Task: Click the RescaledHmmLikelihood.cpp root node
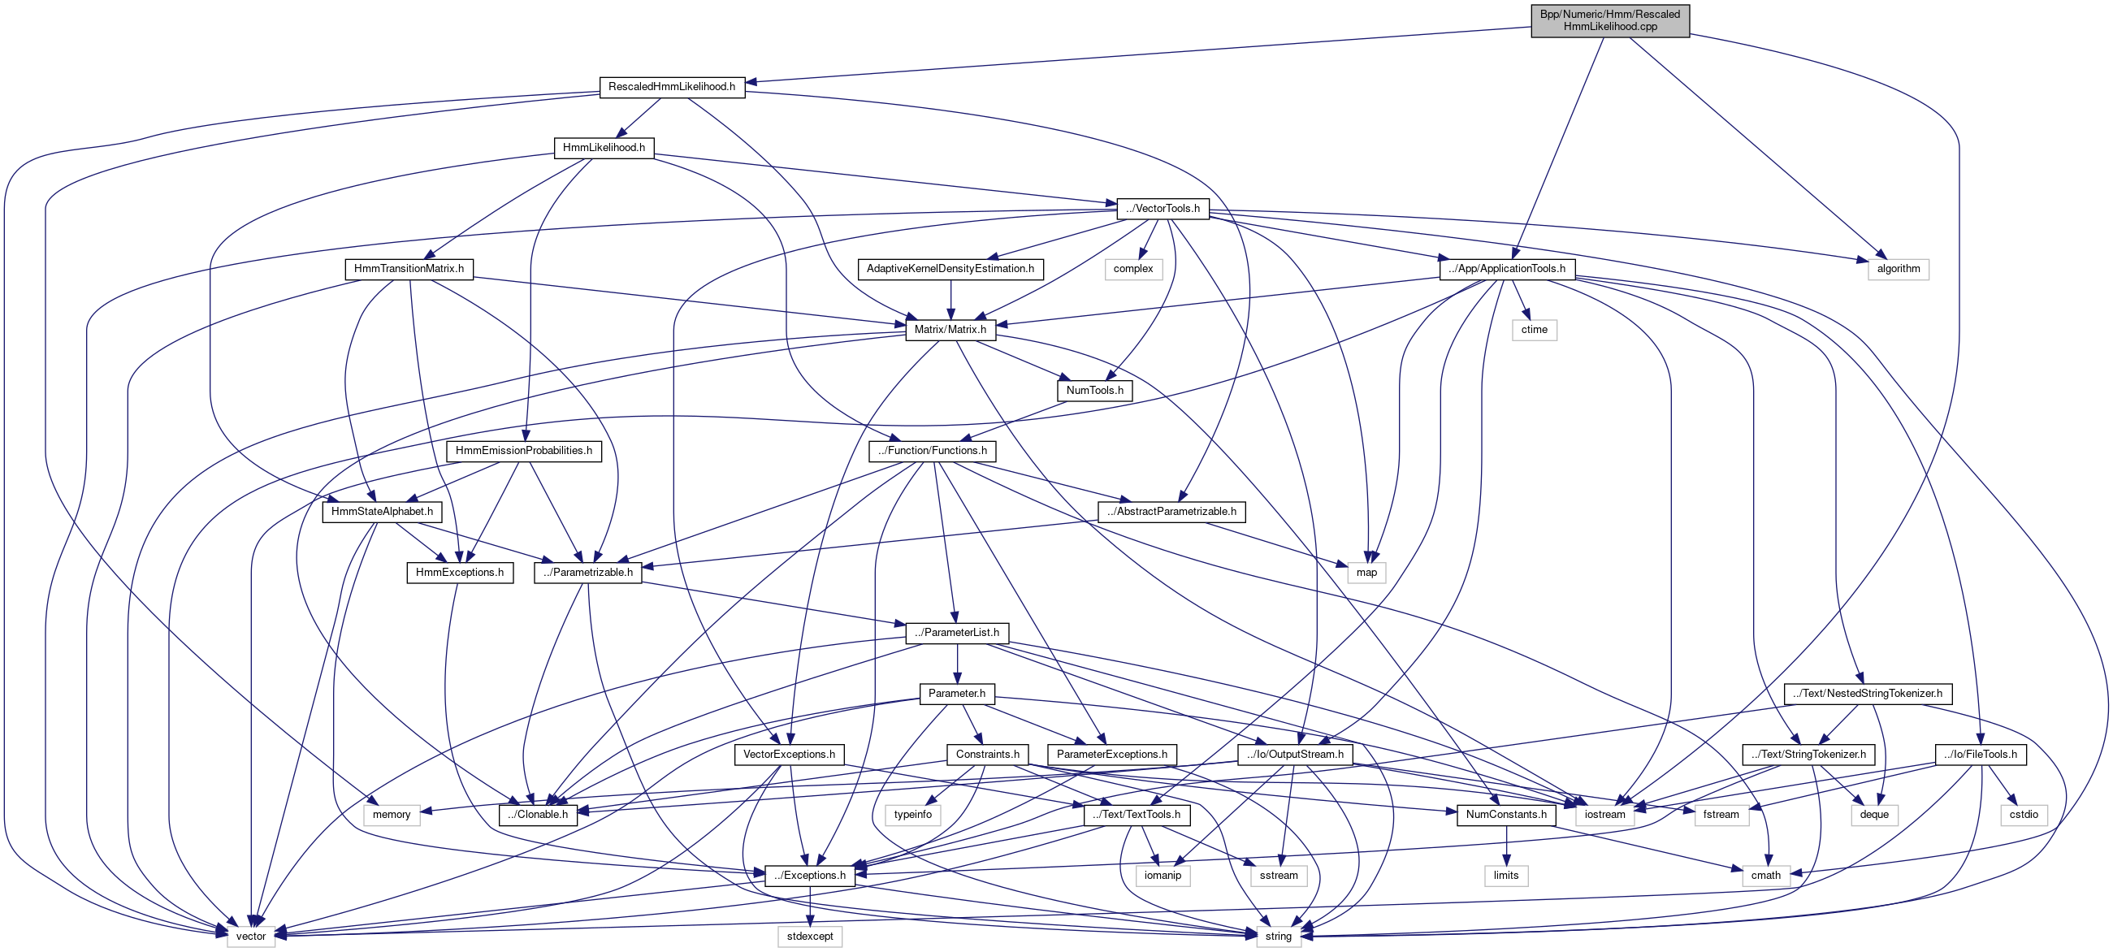tap(1609, 20)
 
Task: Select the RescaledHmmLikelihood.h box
tap(672, 87)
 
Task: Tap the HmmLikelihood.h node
tap(604, 148)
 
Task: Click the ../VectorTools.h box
tap(1163, 208)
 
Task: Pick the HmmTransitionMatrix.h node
tap(409, 269)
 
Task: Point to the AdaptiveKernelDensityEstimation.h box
tap(950, 269)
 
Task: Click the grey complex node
tap(1132, 269)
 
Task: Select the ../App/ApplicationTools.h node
tap(1507, 269)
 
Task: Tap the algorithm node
tap(1898, 269)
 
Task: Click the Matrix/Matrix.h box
tap(950, 330)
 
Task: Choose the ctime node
tap(1534, 330)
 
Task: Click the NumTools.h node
tap(1094, 391)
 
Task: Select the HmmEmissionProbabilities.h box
tap(523, 451)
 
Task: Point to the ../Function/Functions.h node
tap(932, 451)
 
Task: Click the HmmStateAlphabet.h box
tap(383, 512)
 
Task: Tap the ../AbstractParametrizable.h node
tap(1171, 512)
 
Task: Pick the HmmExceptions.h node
tap(459, 573)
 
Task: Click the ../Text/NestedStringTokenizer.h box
tap(1867, 694)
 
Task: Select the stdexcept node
tap(810, 937)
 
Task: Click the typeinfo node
tap(913, 815)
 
